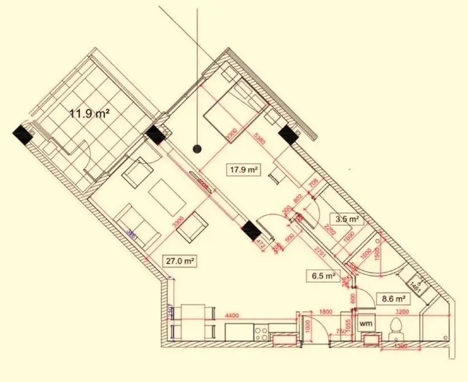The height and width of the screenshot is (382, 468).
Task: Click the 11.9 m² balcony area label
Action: (90, 113)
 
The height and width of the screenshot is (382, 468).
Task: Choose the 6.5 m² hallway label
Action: (322, 277)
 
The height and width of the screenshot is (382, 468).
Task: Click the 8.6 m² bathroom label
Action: (393, 298)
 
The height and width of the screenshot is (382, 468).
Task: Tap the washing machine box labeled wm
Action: (365, 323)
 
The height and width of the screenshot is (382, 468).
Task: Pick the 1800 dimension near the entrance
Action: (326, 313)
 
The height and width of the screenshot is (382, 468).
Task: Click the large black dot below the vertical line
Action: (197, 149)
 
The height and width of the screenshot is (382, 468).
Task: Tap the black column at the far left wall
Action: (23, 135)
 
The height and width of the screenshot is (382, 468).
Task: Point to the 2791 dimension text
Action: (319, 251)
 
